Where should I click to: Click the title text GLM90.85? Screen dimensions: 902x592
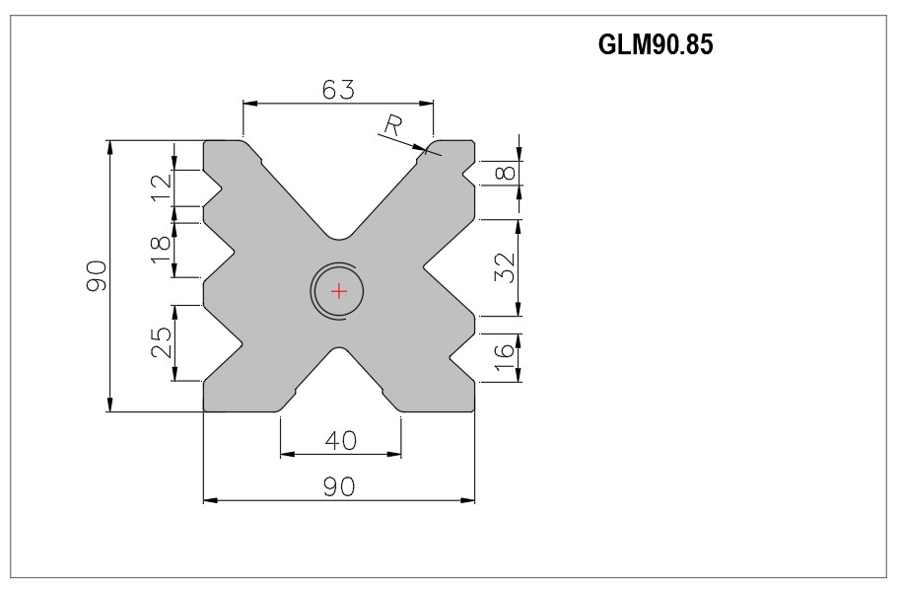coord(656,44)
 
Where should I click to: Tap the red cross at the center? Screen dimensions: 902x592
coord(339,291)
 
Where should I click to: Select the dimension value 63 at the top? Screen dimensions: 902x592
coord(338,89)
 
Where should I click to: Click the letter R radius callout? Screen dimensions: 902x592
coord(392,125)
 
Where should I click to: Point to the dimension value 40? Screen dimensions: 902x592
coord(340,440)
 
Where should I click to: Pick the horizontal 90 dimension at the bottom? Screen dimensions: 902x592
coord(339,487)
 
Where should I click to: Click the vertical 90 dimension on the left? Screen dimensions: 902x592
coord(97,276)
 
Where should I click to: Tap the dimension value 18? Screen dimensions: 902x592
coord(162,250)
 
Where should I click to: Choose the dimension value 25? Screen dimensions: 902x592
coord(162,342)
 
